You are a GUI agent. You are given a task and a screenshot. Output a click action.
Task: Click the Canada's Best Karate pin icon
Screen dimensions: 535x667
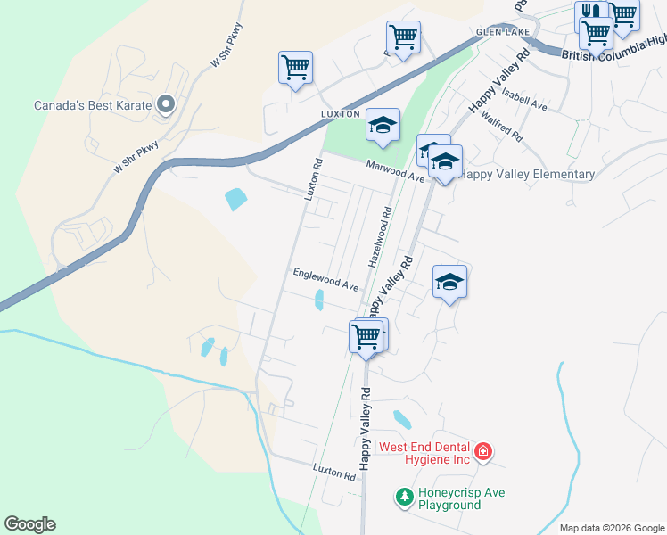click(165, 105)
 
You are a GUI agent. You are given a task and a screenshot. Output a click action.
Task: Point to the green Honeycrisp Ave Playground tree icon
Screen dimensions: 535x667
click(404, 497)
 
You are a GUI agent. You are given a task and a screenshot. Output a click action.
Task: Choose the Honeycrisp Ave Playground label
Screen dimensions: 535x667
click(450, 498)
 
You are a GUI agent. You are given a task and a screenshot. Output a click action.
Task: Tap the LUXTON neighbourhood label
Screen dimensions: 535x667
click(340, 114)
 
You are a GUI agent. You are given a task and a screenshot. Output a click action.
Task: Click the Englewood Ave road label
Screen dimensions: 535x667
click(325, 280)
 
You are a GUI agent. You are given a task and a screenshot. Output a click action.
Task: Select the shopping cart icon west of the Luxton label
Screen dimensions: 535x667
click(295, 67)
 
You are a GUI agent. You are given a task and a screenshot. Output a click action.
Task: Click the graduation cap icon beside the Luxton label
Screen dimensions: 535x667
click(383, 126)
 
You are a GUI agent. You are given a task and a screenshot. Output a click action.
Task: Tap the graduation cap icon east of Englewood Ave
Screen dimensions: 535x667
click(450, 282)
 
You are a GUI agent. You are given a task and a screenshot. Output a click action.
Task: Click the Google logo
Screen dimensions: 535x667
click(29, 524)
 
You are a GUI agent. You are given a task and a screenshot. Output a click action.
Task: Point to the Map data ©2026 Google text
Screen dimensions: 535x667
click(613, 528)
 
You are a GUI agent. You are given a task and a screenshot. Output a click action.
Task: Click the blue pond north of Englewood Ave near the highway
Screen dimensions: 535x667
click(235, 199)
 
